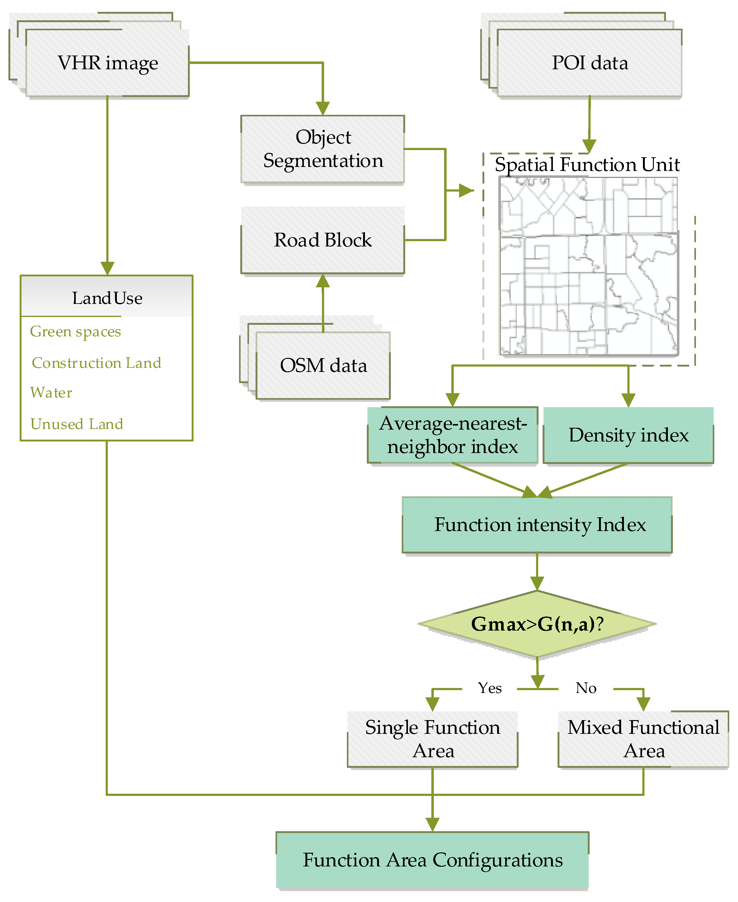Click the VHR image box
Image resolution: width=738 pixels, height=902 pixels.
tap(108, 63)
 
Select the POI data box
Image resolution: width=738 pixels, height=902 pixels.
tap(589, 63)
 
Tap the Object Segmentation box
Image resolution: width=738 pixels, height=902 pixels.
tap(323, 149)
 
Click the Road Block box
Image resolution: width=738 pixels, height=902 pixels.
tap(323, 240)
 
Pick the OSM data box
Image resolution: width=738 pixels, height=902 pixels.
tap(323, 365)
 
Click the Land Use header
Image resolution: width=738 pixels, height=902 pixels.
tap(107, 298)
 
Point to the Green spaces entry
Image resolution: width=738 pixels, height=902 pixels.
tap(75, 331)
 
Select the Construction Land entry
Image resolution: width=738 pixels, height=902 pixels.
tap(97, 363)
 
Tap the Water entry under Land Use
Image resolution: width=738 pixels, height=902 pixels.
tap(51, 392)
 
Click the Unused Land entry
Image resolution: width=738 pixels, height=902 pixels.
tap(77, 424)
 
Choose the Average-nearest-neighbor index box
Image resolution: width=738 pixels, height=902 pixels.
tap(453, 435)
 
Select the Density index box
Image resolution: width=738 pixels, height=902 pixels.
tap(628, 435)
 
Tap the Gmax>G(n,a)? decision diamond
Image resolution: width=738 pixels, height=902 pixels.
tap(537, 624)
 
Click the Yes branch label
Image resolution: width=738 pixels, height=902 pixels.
tap(490, 688)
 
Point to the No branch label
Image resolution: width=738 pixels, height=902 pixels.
tap(586, 688)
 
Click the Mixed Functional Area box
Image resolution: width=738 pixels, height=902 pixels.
tap(643, 739)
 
